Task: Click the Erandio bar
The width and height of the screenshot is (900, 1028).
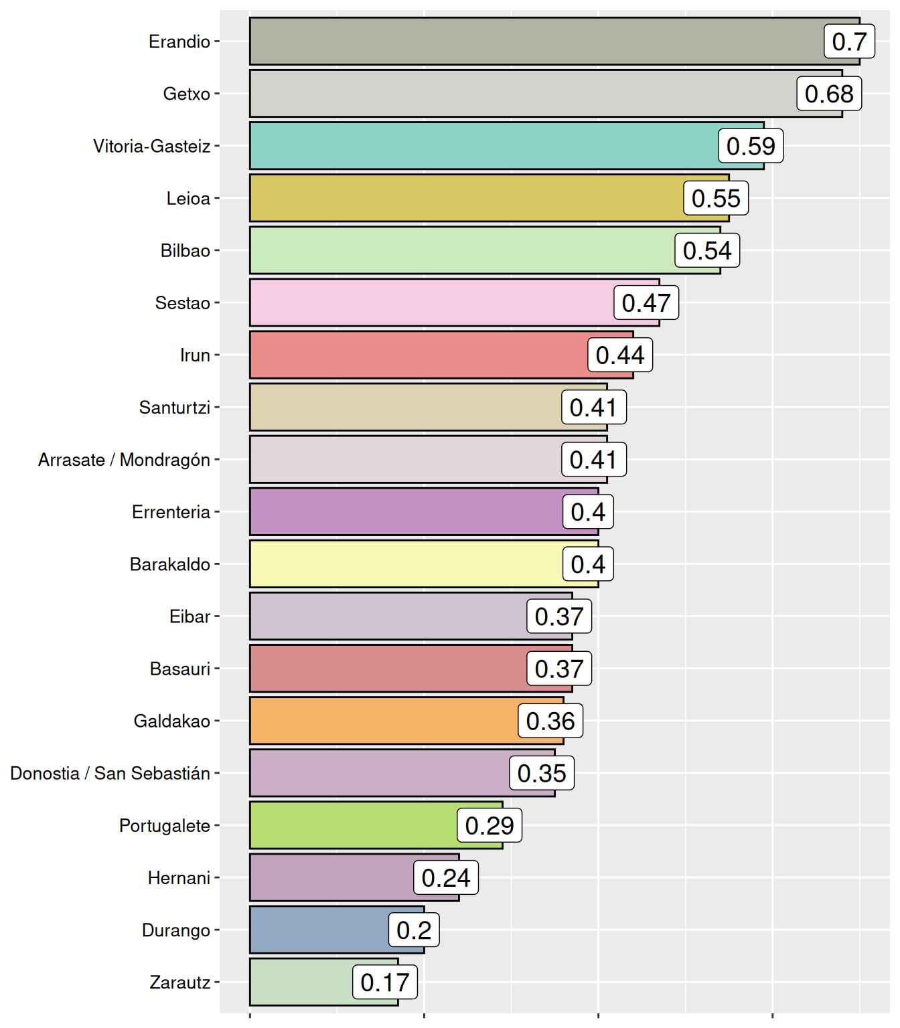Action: point(536,41)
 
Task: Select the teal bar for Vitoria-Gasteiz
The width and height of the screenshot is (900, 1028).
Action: point(482,146)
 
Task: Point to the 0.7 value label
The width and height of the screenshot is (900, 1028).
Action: point(849,41)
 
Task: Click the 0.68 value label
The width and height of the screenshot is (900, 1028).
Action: point(829,94)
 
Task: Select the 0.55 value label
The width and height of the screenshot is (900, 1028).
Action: point(716,198)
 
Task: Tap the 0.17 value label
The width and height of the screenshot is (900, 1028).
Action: point(384,982)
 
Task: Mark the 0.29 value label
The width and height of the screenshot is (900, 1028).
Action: point(490,825)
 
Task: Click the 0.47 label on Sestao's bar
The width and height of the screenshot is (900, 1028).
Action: point(646,303)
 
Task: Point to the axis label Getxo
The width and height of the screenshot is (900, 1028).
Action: point(187,94)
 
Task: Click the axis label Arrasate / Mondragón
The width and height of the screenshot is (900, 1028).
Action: point(125,460)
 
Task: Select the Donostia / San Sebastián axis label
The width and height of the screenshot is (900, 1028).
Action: point(110,773)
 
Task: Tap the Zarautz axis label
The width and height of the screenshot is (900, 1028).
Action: point(180,982)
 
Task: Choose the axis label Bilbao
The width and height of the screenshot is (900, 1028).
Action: point(185,250)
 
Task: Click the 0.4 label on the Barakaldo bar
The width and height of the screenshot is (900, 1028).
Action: point(588,564)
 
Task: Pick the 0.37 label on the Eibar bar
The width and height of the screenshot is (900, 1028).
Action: point(559,616)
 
